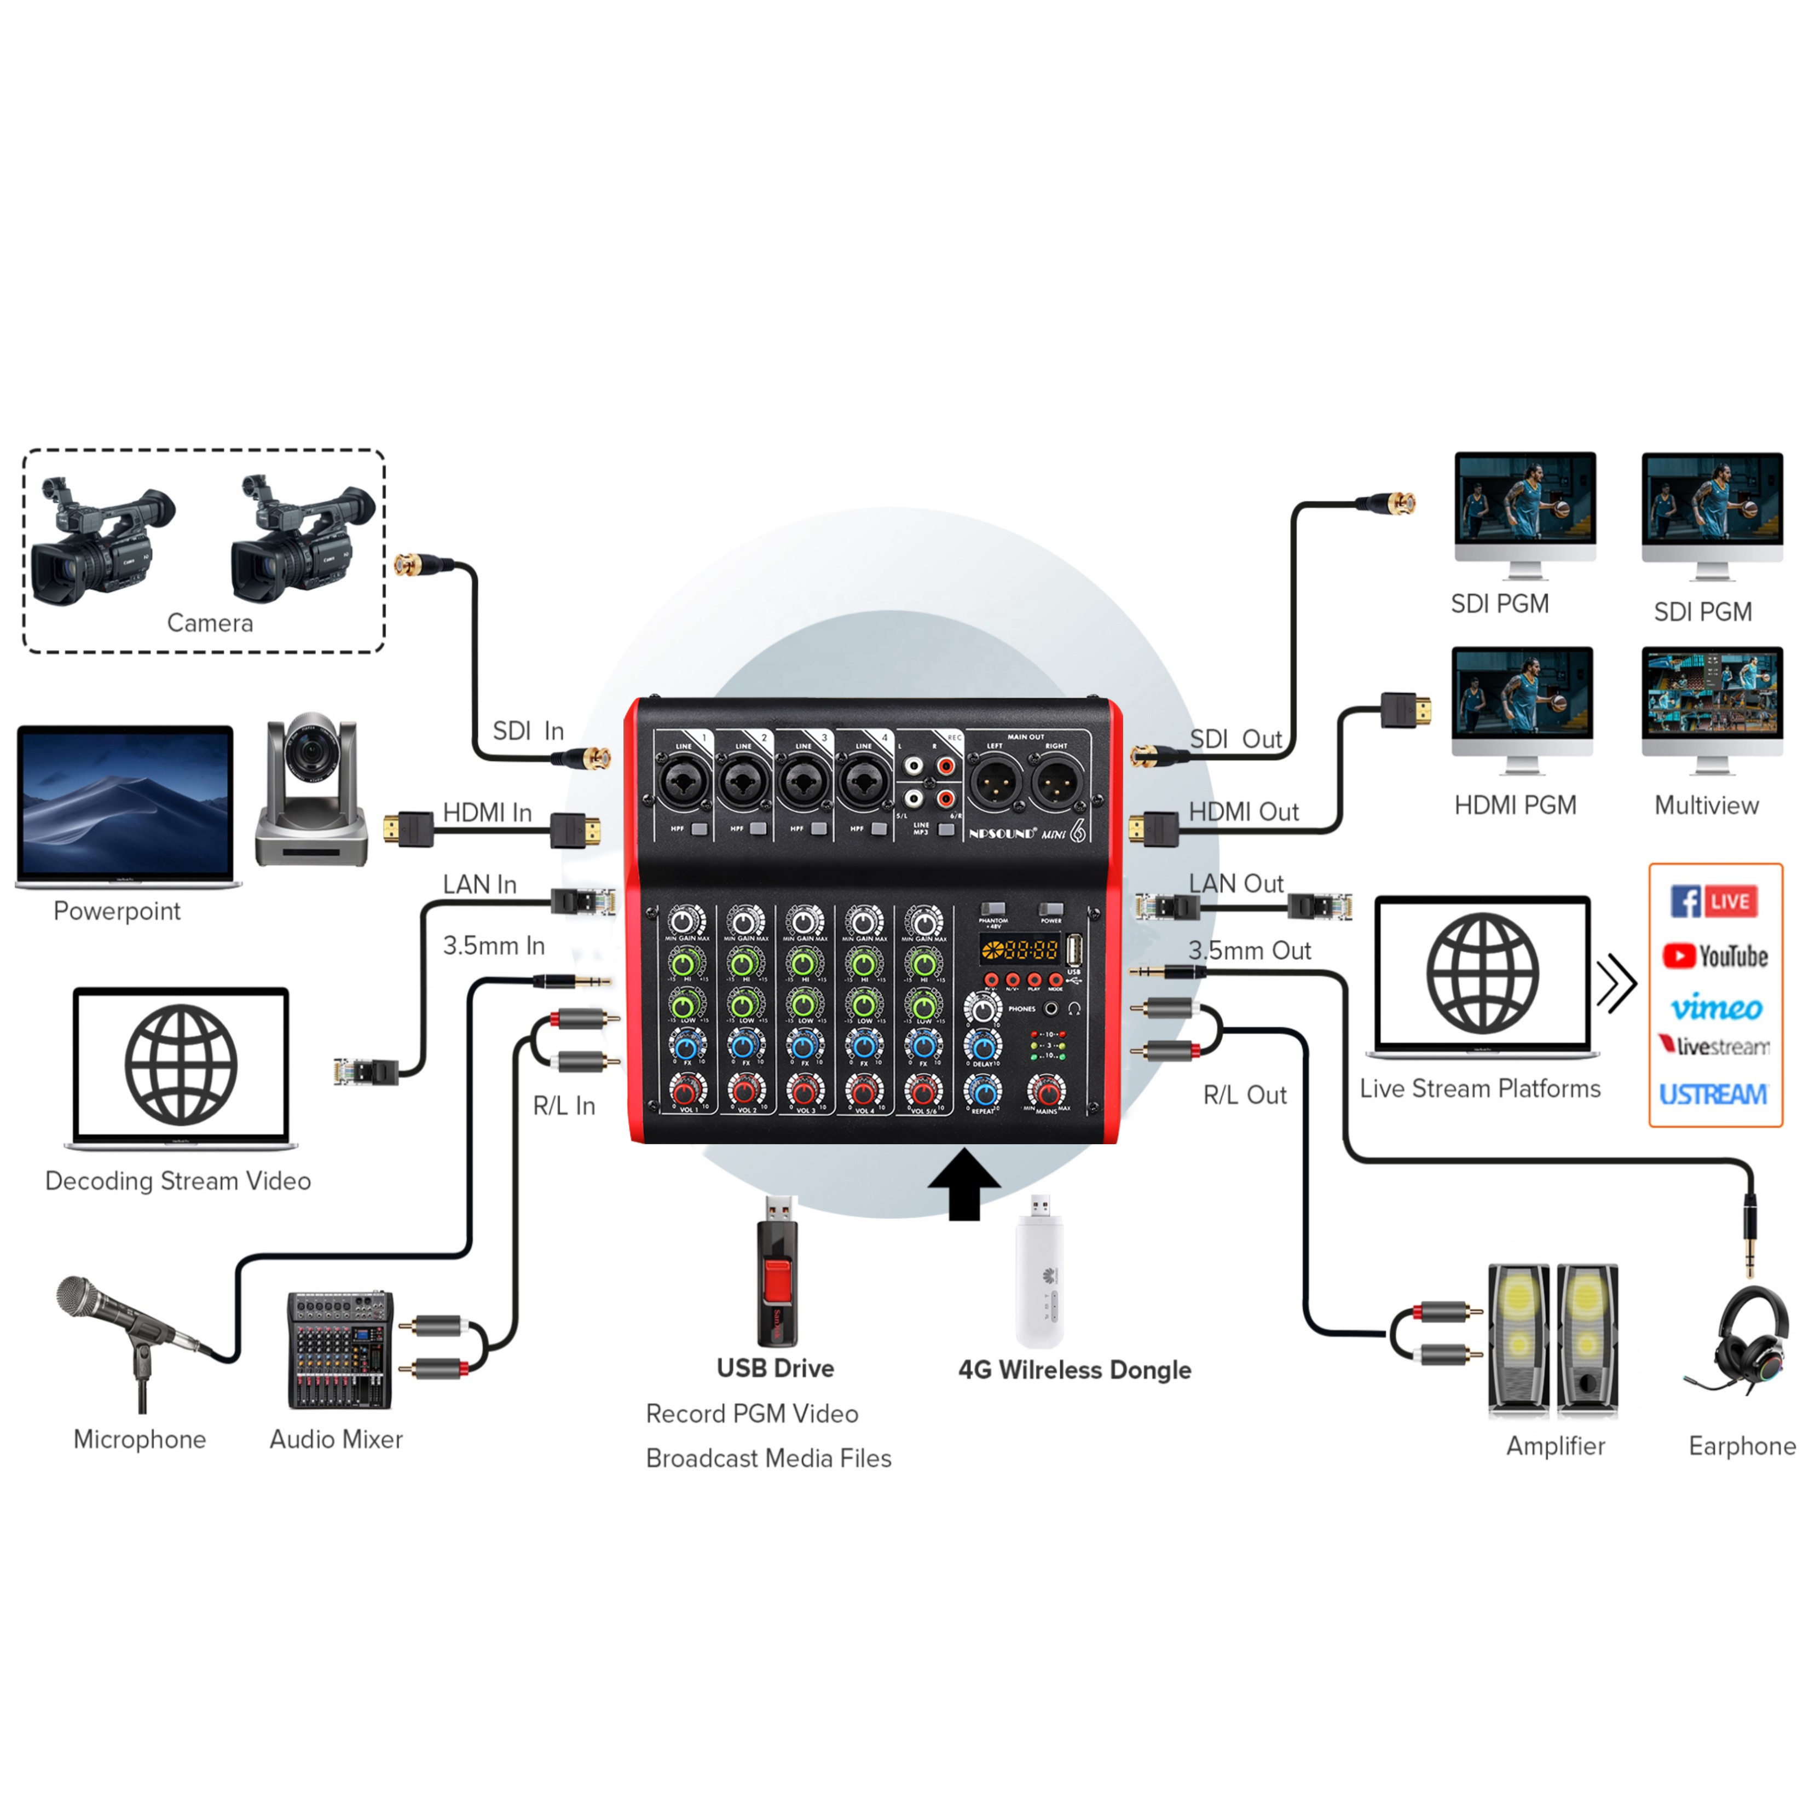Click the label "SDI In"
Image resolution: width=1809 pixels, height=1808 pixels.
pyautogui.click(x=528, y=731)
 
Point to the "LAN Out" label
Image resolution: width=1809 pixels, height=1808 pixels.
pyautogui.click(x=1236, y=883)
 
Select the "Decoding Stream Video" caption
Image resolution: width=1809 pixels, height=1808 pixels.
pyautogui.click(x=178, y=1181)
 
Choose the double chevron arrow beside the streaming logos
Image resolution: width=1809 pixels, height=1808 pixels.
pyautogui.click(x=1617, y=983)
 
